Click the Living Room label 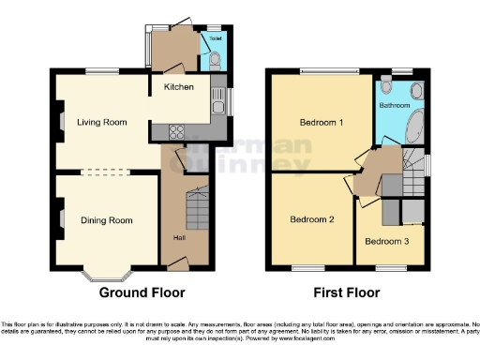click(x=102, y=122)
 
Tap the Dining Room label click(x=106, y=221)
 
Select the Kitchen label click(x=179, y=87)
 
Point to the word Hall click(x=178, y=236)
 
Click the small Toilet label click(x=215, y=39)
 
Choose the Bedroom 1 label click(x=321, y=123)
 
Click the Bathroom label click(x=394, y=107)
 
